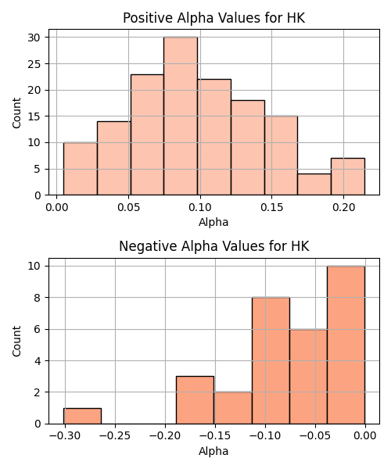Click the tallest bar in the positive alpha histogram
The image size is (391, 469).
pyautogui.click(x=181, y=116)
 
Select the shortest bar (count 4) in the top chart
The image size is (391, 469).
pyautogui.click(x=314, y=184)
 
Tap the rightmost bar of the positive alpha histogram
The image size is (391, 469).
pyautogui.click(x=348, y=177)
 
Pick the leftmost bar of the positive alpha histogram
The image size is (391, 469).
pyautogui.click(x=81, y=169)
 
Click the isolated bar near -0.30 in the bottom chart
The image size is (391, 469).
pyautogui.click(x=82, y=416)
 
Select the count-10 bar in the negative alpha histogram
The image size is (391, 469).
pyautogui.click(x=346, y=345)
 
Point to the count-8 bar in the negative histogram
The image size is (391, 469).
pyautogui.click(x=271, y=360)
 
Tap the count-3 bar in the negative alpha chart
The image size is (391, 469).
pyautogui.click(x=195, y=400)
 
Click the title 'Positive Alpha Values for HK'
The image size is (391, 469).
pyautogui.click(x=214, y=18)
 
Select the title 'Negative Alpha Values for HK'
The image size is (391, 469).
pyautogui.click(x=214, y=246)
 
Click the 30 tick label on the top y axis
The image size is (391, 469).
pyautogui.click(x=34, y=38)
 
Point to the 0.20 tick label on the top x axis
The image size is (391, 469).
pyautogui.click(x=344, y=207)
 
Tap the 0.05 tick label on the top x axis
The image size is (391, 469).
pyautogui.click(x=128, y=207)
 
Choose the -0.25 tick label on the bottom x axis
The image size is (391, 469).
pyautogui.click(x=115, y=436)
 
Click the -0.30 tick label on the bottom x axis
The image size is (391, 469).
pyautogui.click(x=65, y=436)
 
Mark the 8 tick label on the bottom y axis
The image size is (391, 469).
pyautogui.click(x=38, y=298)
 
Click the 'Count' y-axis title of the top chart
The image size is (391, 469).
pyautogui.click(x=16, y=113)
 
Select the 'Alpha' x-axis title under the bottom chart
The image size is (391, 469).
pyautogui.click(x=213, y=451)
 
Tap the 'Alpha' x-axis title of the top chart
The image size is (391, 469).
pyautogui.click(x=213, y=222)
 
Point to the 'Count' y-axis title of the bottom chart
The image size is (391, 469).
pyautogui.click(x=16, y=341)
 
